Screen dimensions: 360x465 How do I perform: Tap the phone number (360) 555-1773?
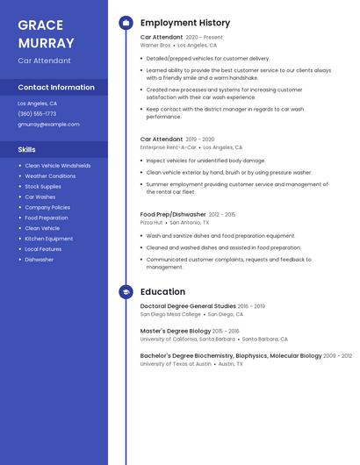pyautogui.click(x=37, y=113)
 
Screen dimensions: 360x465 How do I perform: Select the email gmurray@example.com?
pyautogui.click(x=48, y=124)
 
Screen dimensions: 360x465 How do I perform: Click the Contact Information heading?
pyautogui.click(x=56, y=87)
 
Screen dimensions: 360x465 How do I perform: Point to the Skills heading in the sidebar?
pyautogui.click(x=26, y=149)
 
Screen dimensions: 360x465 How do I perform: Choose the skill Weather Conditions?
pyautogui.click(x=50, y=175)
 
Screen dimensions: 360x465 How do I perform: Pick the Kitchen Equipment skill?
pyautogui.click(x=49, y=239)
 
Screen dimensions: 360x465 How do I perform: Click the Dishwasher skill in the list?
pyautogui.click(x=40, y=260)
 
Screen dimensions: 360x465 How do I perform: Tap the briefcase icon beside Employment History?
pyautogui.click(x=126, y=23)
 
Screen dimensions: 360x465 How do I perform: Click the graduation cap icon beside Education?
pyautogui.click(x=126, y=292)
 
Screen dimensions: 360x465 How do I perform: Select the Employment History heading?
pyautogui.click(x=185, y=23)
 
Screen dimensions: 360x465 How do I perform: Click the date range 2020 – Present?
pyautogui.click(x=204, y=38)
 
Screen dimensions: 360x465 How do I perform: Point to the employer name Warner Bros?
pyautogui.click(x=155, y=45)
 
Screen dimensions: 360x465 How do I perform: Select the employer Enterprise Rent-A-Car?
pyautogui.click(x=169, y=147)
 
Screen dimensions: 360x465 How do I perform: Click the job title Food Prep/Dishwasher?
pyautogui.click(x=173, y=214)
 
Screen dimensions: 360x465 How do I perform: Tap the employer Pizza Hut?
pyautogui.click(x=151, y=222)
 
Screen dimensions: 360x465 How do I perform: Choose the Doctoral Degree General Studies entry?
pyautogui.click(x=188, y=306)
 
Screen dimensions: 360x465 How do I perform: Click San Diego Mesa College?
pyautogui.click(x=170, y=314)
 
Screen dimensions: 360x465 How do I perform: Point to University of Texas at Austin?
pyautogui.click(x=176, y=363)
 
